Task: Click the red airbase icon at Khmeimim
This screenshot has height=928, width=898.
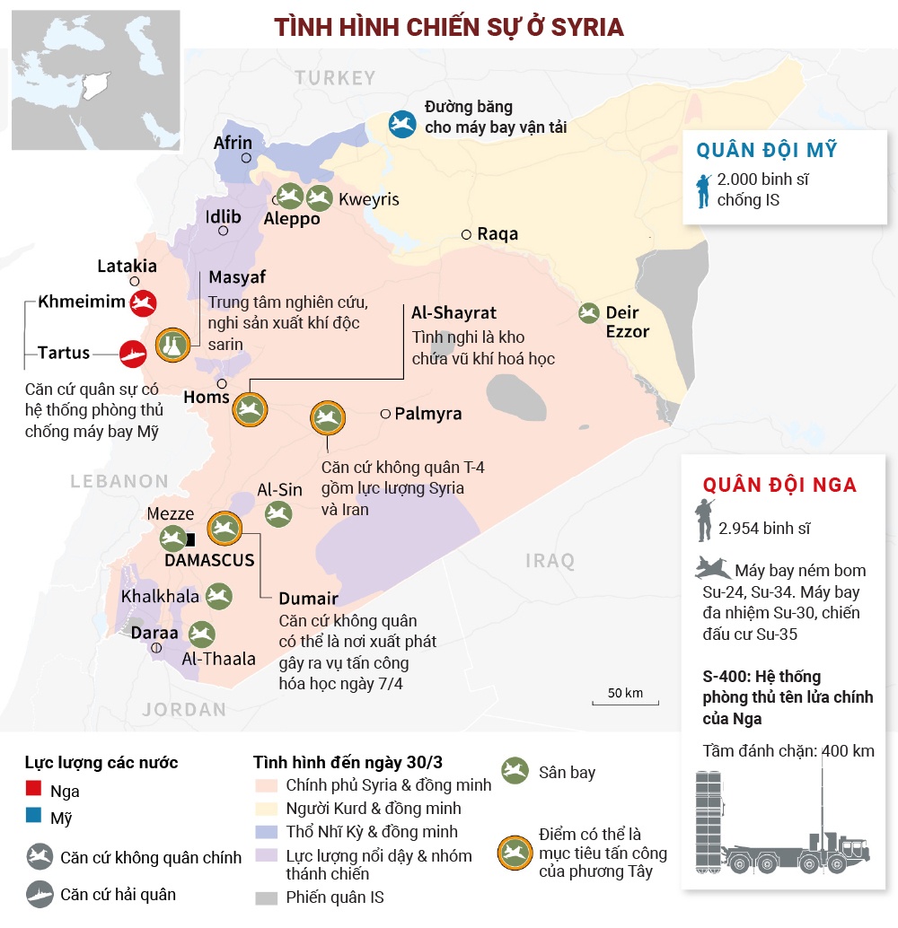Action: [143, 303]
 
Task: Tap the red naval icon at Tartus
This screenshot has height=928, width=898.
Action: [132, 354]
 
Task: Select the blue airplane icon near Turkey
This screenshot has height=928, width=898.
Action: [402, 124]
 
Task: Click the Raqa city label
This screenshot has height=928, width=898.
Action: [497, 234]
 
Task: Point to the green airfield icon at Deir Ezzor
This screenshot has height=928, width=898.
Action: [589, 312]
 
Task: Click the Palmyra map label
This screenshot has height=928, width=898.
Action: [427, 414]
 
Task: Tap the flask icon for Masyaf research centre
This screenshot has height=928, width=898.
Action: [172, 345]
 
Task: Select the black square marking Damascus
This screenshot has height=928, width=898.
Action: [190, 539]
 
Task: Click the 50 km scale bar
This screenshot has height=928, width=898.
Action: [625, 705]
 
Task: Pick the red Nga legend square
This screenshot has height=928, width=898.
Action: [34, 790]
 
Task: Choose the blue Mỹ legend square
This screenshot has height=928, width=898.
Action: [34, 817]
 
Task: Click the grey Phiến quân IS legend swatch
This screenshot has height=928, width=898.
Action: [267, 897]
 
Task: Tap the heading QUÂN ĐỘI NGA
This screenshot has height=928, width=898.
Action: [779, 486]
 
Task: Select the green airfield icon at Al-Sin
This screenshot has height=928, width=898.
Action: [277, 513]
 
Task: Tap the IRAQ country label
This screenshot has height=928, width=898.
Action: [550, 561]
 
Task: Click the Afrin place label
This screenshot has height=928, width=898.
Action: [233, 143]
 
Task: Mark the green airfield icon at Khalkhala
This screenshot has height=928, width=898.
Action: [218, 596]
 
